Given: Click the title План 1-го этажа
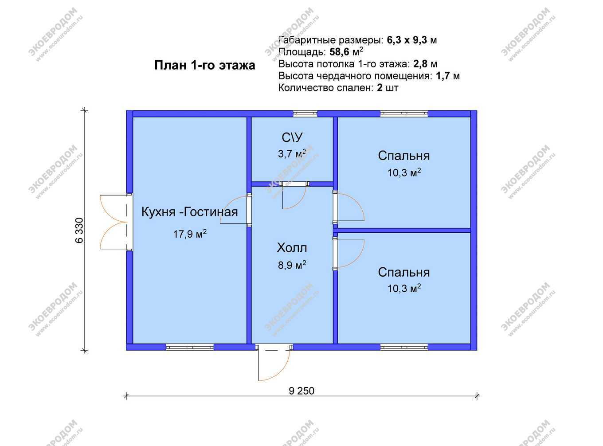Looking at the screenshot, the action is pos(205,66).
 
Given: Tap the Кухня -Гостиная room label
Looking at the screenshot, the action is pos(189,212).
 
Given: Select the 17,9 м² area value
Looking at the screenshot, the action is pos(190,234).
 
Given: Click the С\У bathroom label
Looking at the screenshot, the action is pos(292,137).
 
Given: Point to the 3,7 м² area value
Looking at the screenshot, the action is pos(292,154).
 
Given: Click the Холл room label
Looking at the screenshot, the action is pos(292,248).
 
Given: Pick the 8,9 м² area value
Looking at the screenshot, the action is pos(292,265).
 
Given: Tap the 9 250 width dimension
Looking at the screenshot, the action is pos(301,391).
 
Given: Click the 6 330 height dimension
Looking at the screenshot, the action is pos(79,230).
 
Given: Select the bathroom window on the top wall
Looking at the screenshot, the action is pos(305,113).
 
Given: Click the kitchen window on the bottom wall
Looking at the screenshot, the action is pos(190,347).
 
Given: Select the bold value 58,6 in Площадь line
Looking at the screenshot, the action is pos(339,52).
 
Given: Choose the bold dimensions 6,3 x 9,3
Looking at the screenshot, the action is pos(407,40).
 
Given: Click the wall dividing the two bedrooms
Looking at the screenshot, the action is pos(404,231).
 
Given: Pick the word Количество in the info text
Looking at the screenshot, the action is pos(306,88).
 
